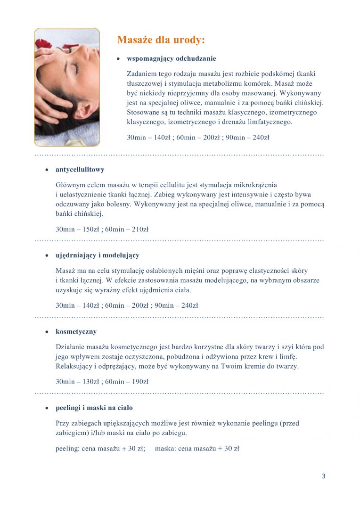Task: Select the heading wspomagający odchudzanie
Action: (x=172, y=58)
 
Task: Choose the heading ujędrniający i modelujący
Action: (x=98, y=255)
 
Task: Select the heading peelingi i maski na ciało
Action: (x=94, y=408)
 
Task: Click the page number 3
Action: (x=324, y=476)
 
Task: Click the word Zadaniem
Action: (x=141, y=74)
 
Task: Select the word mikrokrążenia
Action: (x=256, y=184)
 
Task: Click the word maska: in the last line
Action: (x=165, y=449)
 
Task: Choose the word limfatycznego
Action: (x=267, y=122)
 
